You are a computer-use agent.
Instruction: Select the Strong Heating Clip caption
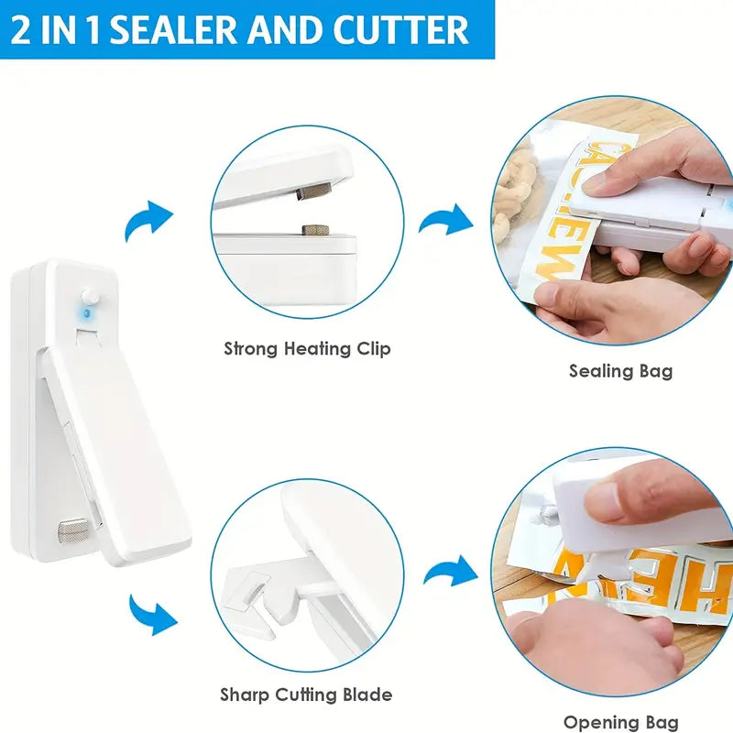click(x=308, y=348)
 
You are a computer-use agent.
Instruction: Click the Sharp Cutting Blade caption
click(x=306, y=695)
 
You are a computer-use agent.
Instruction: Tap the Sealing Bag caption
click(x=620, y=371)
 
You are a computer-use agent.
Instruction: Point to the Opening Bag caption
click(x=620, y=723)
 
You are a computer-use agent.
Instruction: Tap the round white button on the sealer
click(x=90, y=297)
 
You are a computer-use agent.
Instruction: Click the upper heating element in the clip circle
click(x=314, y=191)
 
